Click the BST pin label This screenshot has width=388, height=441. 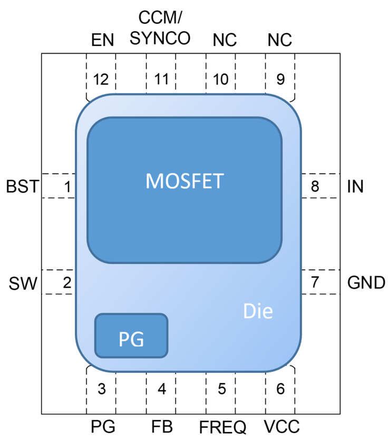point(22,187)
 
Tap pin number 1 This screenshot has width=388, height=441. point(66,186)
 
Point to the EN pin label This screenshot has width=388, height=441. point(102,40)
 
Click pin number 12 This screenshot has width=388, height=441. point(101,80)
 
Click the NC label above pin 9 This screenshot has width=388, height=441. point(279,40)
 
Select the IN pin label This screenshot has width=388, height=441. point(355,186)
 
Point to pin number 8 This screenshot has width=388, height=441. point(315,186)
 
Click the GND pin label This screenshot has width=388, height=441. point(366,283)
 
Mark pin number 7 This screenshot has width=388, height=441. point(315,283)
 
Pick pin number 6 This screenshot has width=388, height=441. point(280,390)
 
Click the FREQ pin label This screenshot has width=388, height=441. point(222,426)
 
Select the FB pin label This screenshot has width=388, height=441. point(161,426)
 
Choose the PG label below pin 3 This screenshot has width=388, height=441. point(103,426)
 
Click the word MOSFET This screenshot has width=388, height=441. point(185,181)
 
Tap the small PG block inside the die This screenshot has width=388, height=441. point(131,336)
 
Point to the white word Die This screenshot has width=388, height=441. point(258,312)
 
